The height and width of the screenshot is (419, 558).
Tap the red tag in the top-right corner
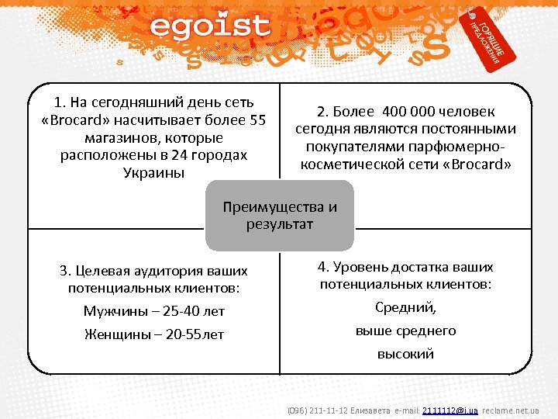coord(487,39)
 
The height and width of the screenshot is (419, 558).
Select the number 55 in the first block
coord(258,119)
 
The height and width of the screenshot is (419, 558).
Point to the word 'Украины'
coord(154,172)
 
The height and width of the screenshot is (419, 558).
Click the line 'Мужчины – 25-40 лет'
coord(154,311)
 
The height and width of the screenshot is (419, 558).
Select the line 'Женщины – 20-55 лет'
coord(154,334)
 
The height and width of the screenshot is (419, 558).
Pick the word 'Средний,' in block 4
coord(405,307)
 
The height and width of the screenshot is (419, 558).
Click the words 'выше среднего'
coord(405,331)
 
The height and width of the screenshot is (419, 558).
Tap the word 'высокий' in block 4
coord(405,354)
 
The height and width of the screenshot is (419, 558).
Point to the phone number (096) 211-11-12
coord(318,409)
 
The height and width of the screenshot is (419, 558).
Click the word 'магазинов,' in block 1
coord(120,137)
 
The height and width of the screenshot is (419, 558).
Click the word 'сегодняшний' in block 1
coord(126,102)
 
